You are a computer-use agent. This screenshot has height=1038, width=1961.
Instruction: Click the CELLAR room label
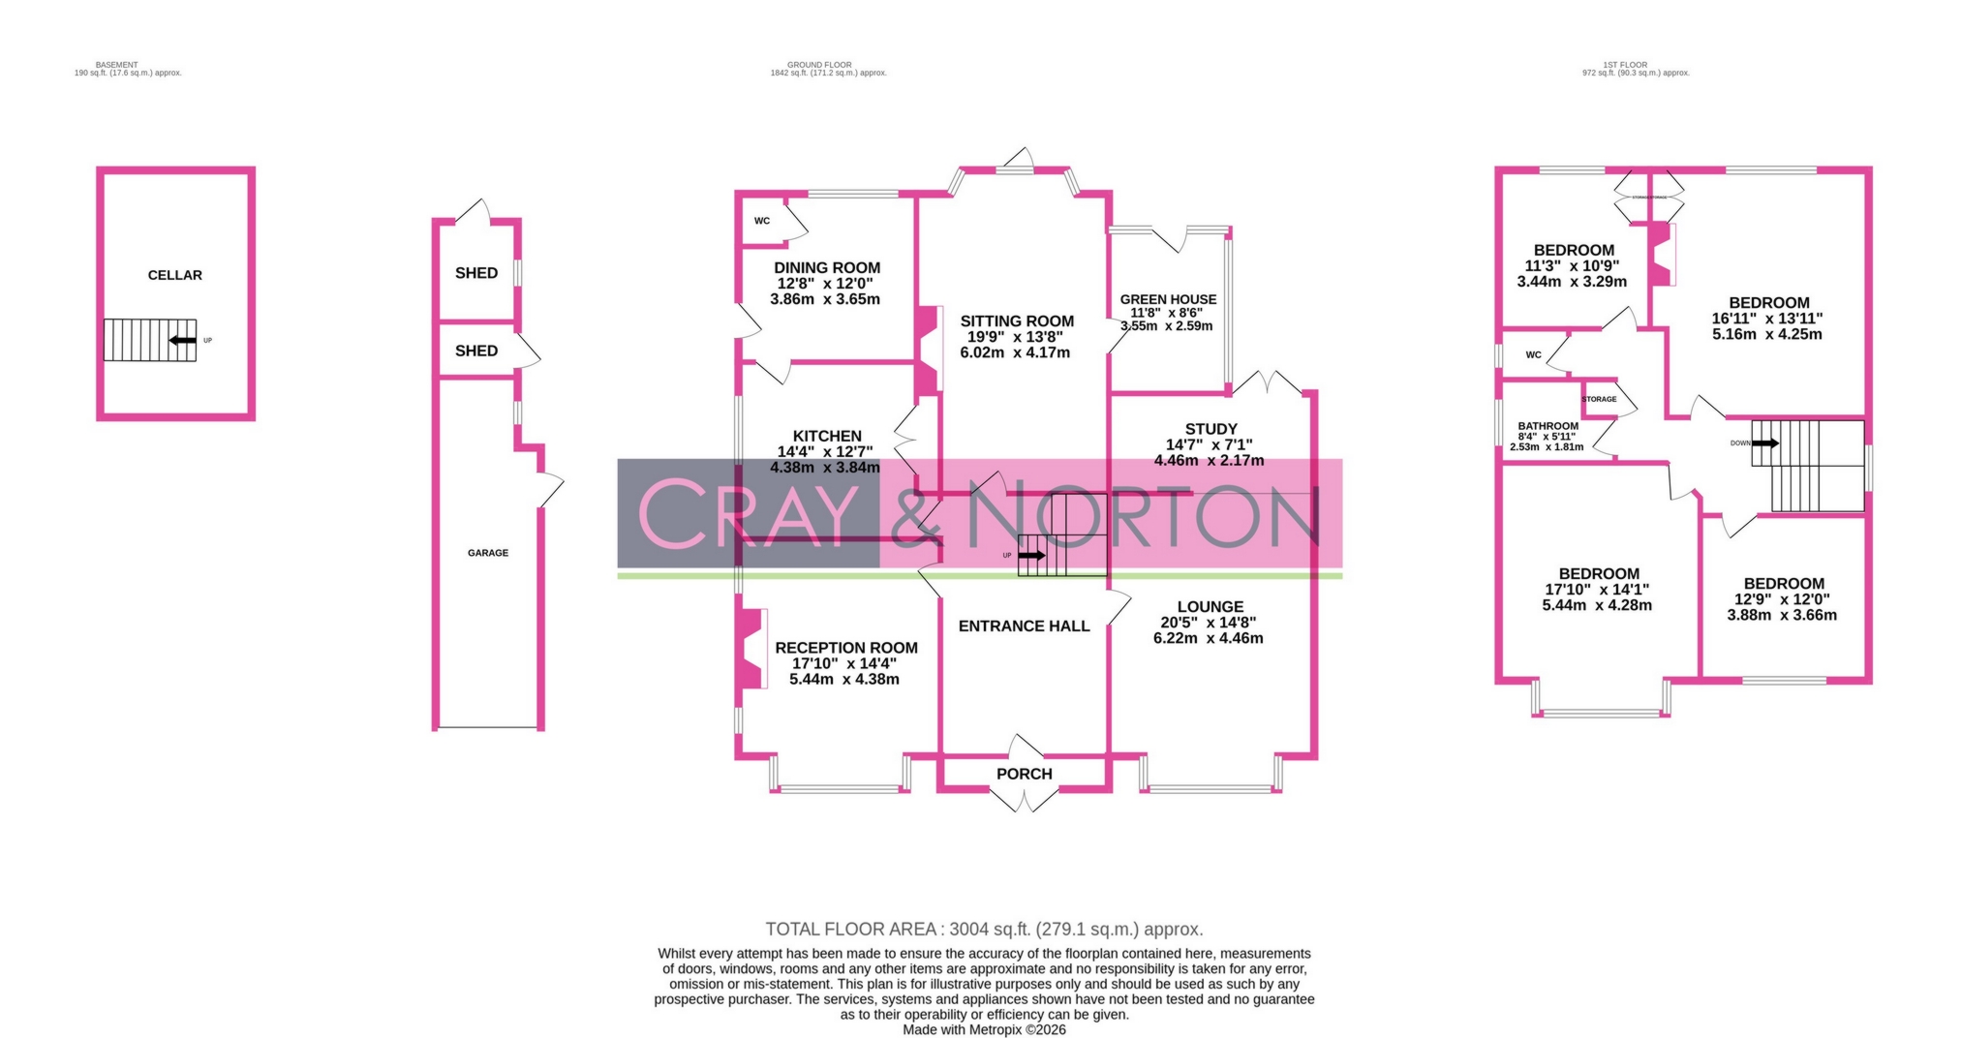click(x=174, y=275)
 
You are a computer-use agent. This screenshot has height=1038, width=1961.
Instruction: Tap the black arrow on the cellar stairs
click(x=182, y=340)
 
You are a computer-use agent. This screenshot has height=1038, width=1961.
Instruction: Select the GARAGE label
click(x=488, y=553)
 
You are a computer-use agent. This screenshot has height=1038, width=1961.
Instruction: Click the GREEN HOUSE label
click(x=1168, y=299)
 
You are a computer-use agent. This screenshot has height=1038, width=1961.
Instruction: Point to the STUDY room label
click(x=1210, y=429)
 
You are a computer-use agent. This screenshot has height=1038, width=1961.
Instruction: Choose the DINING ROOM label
click(x=827, y=268)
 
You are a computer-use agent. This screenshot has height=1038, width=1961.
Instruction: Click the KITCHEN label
click(x=826, y=436)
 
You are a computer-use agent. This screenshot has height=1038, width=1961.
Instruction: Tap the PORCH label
click(x=1024, y=774)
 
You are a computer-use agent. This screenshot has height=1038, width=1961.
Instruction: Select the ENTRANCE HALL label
click(x=1024, y=626)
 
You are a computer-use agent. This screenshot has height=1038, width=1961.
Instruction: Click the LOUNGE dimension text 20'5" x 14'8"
click(x=1209, y=623)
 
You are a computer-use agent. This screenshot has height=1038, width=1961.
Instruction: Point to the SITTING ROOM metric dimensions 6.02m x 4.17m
click(x=1015, y=352)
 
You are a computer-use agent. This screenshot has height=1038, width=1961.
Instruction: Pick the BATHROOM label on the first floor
click(x=1547, y=426)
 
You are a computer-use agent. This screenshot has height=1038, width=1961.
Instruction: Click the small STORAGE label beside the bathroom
click(x=1599, y=399)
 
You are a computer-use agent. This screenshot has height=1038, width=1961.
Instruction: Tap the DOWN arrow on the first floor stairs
click(x=1764, y=443)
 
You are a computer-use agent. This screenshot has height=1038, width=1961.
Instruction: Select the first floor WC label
click(x=1533, y=354)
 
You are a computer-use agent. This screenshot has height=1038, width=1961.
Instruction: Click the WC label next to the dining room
click(x=762, y=221)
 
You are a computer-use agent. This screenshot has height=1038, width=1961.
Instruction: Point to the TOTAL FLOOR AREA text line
click(x=984, y=930)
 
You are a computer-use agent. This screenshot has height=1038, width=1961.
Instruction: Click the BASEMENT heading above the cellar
click(x=116, y=65)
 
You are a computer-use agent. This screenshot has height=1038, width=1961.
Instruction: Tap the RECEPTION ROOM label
click(x=845, y=648)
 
